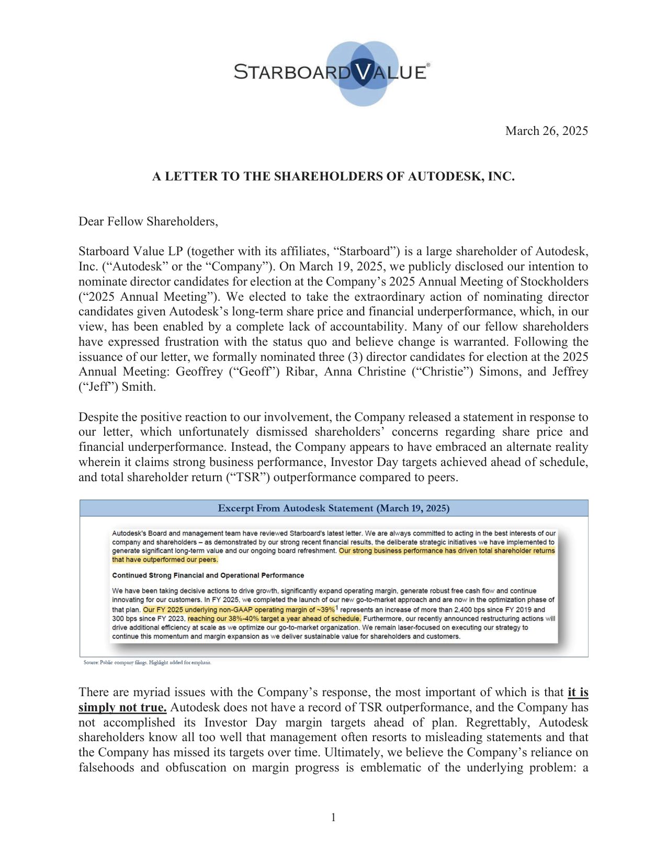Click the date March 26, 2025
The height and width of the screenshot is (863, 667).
tap(546, 131)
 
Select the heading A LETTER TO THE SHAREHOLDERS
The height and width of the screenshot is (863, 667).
tap(333, 176)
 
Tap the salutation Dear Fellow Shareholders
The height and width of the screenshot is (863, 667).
tap(148, 221)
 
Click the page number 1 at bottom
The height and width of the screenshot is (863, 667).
tap(333, 817)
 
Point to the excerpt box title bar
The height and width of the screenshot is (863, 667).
tap(333, 508)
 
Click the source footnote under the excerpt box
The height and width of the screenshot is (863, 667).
tap(147, 662)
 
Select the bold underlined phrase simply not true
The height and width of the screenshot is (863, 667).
tap(122, 707)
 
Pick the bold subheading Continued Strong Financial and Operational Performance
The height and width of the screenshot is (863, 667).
tap(208, 575)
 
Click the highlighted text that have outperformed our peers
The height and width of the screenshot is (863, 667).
tap(165, 559)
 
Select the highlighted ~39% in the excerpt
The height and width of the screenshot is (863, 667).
tap(325, 609)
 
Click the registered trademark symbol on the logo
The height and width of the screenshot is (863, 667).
tap(428, 65)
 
